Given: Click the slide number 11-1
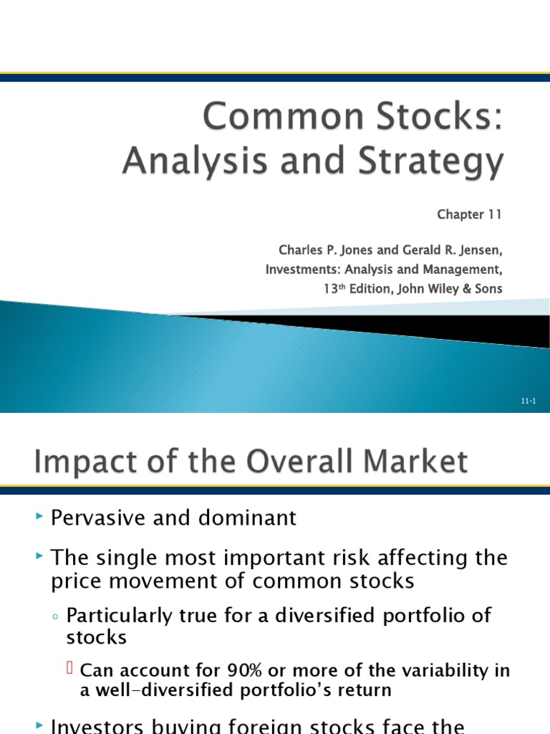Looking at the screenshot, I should [529, 401].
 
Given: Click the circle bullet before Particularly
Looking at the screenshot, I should [57, 616].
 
